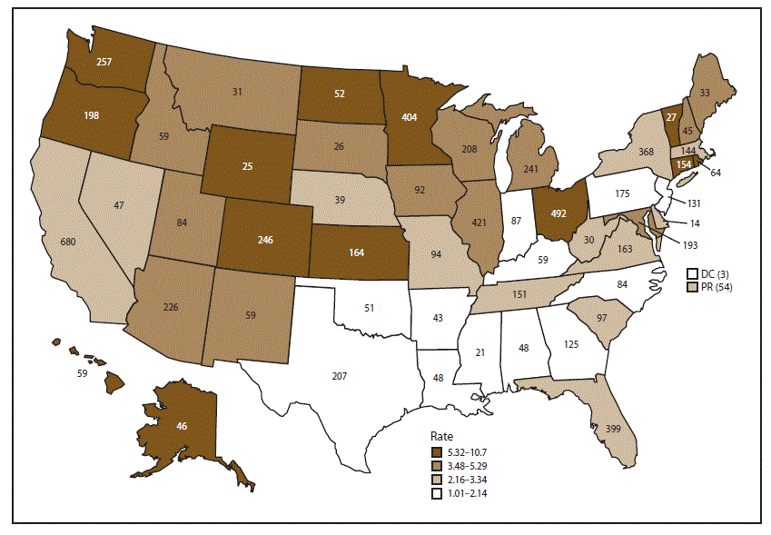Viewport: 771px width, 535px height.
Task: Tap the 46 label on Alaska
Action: [183, 425]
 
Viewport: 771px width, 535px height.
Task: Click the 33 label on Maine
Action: [705, 92]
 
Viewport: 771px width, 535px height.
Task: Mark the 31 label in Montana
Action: [237, 92]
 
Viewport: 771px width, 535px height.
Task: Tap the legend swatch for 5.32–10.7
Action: [438, 451]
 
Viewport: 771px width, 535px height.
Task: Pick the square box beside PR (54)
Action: [693, 287]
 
